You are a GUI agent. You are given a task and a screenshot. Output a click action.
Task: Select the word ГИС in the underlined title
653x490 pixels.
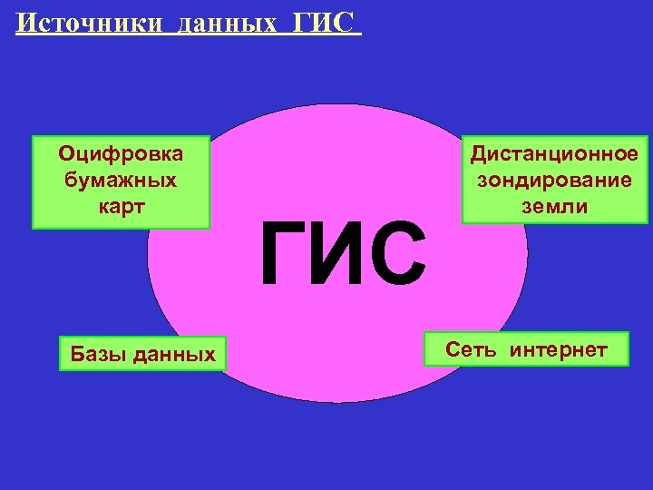point(322,22)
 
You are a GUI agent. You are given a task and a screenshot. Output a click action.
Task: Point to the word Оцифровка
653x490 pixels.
point(121,153)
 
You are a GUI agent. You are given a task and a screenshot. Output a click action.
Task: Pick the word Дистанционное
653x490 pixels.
point(554,153)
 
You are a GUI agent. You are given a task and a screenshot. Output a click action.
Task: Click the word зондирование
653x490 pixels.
point(554,179)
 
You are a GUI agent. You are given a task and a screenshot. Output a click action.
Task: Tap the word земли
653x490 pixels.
point(554,205)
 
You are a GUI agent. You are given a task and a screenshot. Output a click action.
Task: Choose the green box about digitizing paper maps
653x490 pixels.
point(121,181)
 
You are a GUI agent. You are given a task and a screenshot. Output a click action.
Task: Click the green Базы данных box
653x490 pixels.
point(141,354)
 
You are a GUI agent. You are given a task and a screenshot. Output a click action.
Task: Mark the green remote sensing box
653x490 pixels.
point(554,180)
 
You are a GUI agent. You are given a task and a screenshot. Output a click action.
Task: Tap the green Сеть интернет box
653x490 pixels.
point(526,349)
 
